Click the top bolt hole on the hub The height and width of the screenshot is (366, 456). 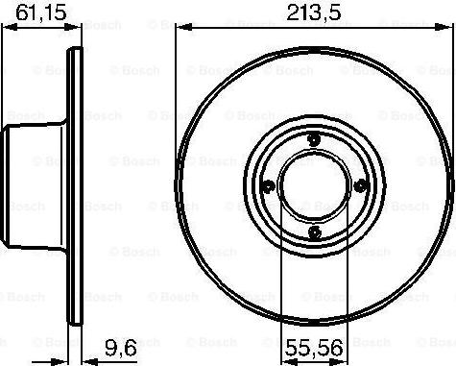point(316,140)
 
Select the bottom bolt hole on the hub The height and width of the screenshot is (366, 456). point(316,230)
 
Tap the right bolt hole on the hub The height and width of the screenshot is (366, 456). point(361,184)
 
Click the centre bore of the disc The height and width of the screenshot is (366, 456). point(316,184)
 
